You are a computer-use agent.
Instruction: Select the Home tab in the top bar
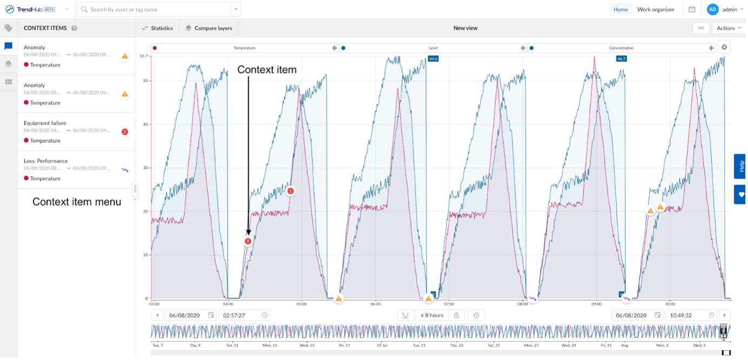(620, 9)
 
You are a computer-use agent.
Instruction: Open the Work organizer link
(656, 9)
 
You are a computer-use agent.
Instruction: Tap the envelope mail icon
(692, 9)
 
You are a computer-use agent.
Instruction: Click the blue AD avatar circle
(713, 9)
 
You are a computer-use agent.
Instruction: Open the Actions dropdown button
(729, 28)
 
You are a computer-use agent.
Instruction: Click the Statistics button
(157, 28)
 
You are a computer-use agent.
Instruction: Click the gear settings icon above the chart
(724, 47)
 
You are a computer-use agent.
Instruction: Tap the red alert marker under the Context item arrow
(248, 241)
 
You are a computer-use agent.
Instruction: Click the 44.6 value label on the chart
(433, 58)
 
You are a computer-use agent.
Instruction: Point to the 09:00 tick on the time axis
(596, 304)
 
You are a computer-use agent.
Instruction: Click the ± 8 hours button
(432, 315)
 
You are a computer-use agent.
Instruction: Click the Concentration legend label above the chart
(621, 48)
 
